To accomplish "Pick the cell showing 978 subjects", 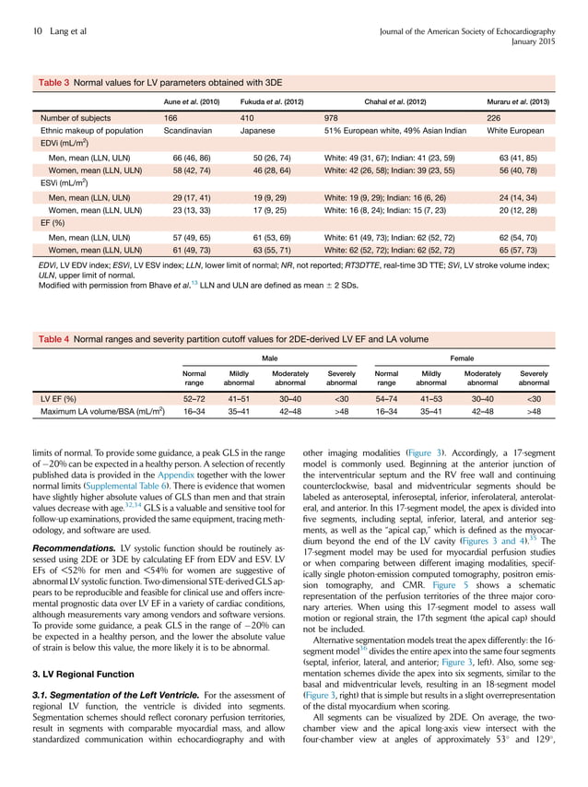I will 333,119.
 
